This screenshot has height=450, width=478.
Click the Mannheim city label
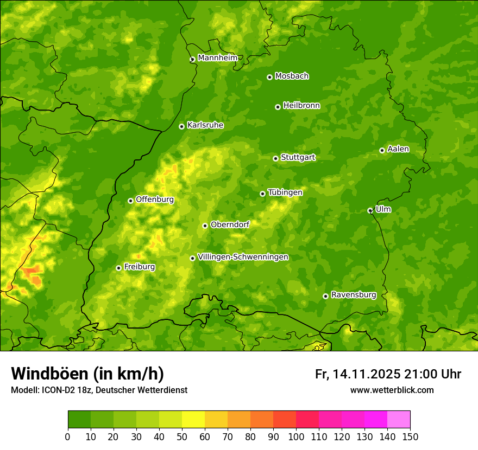(x=218, y=58)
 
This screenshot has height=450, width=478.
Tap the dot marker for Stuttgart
(x=275, y=158)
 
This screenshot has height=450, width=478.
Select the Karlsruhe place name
(x=205, y=125)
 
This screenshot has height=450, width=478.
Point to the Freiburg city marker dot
(x=118, y=268)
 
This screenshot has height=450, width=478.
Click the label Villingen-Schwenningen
(x=243, y=257)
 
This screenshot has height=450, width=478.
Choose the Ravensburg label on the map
(x=354, y=295)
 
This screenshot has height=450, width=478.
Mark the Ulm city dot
(x=370, y=210)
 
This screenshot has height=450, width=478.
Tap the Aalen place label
(x=398, y=149)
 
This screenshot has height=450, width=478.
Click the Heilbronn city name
(x=301, y=106)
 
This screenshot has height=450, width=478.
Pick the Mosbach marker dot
(x=269, y=77)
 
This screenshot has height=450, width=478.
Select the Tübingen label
(x=285, y=192)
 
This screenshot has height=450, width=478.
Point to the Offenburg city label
(x=155, y=200)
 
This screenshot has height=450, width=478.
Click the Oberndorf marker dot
(x=205, y=226)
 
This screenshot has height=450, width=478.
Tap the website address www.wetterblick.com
(x=392, y=390)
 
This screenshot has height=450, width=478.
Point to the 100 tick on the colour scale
(x=296, y=437)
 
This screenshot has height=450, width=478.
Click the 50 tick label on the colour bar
(x=182, y=437)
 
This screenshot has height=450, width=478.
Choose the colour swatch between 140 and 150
(x=399, y=419)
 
